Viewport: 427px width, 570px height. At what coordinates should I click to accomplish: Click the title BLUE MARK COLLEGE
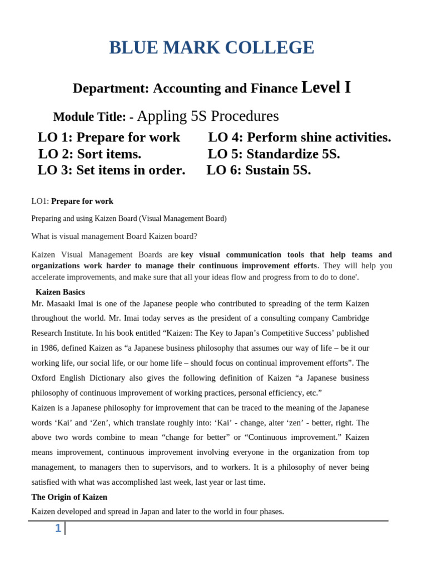pyautogui.click(x=211, y=48)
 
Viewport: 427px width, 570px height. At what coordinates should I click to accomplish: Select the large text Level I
pyautogui.click(x=326, y=87)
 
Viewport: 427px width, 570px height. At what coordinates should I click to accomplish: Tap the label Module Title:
pyautogui.click(x=89, y=117)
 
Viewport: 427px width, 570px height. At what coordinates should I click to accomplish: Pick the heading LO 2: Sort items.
pyautogui.click(x=90, y=154)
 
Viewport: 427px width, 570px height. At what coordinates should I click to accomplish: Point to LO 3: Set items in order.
pyautogui.click(x=111, y=170)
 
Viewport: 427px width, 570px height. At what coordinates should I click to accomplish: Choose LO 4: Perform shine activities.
pyautogui.click(x=299, y=137)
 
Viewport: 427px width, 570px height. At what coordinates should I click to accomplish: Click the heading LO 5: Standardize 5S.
pyautogui.click(x=274, y=154)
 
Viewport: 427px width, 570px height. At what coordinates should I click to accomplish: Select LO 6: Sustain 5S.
pyautogui.click(x=259, y=170)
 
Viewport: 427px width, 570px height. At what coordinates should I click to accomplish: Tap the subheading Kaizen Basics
pyautogui.click(x=60, y=292)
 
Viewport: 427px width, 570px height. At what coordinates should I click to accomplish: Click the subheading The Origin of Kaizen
pyautogui.click(x=69, y=497)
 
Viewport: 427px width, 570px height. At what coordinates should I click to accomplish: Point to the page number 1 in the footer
pyautogui.click(x=58, y=528)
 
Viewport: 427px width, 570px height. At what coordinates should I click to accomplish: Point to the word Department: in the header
pyautogui.click(x=111, y=89)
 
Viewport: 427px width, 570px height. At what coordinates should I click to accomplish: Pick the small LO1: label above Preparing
pyautogui.click(x=40, y=202)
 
